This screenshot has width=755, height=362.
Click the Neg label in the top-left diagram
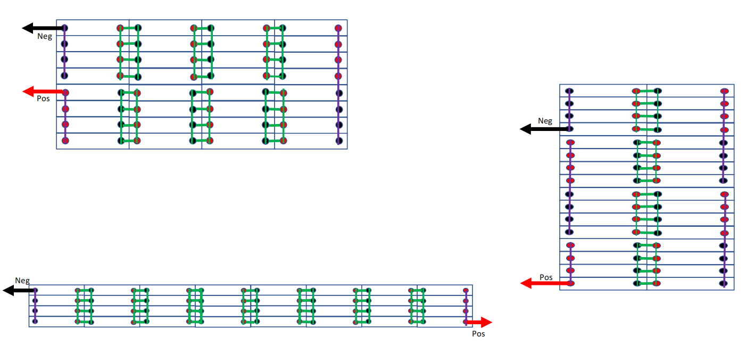45,37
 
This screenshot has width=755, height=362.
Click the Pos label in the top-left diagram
43,98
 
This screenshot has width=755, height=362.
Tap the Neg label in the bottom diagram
22,281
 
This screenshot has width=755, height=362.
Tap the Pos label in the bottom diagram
478,334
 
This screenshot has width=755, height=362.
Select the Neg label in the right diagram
545,121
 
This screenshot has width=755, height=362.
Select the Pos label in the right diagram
546,277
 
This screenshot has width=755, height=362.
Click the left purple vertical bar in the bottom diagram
35,306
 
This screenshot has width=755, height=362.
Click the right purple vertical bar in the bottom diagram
466,306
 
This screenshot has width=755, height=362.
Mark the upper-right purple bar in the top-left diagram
338,52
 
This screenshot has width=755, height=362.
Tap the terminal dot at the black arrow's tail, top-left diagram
64,28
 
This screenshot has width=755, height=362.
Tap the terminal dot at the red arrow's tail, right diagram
570,283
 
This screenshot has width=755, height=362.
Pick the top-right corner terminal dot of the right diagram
724,92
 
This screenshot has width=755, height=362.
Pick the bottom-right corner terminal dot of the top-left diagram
339,141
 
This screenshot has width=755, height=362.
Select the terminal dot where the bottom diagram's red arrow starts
466,322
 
